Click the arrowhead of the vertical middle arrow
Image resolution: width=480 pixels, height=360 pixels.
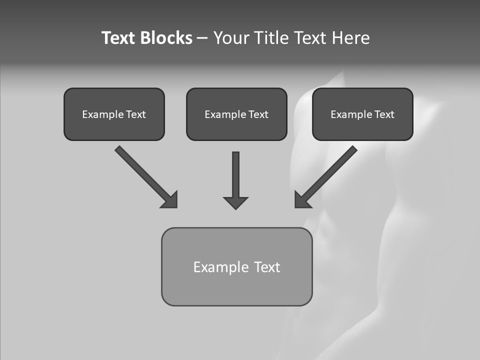(235, 202)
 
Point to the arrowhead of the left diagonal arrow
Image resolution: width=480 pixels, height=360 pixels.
(170, 200)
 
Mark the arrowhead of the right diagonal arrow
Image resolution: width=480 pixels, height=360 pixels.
(302, 200)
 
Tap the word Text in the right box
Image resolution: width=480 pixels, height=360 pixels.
(384, 114)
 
